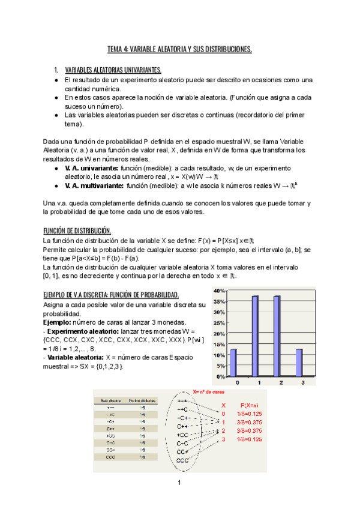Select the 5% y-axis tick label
click(221, 366)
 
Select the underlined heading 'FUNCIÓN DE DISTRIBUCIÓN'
click(77, 231)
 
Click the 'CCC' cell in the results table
click(111, 457)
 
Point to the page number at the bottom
click(179, 483)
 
